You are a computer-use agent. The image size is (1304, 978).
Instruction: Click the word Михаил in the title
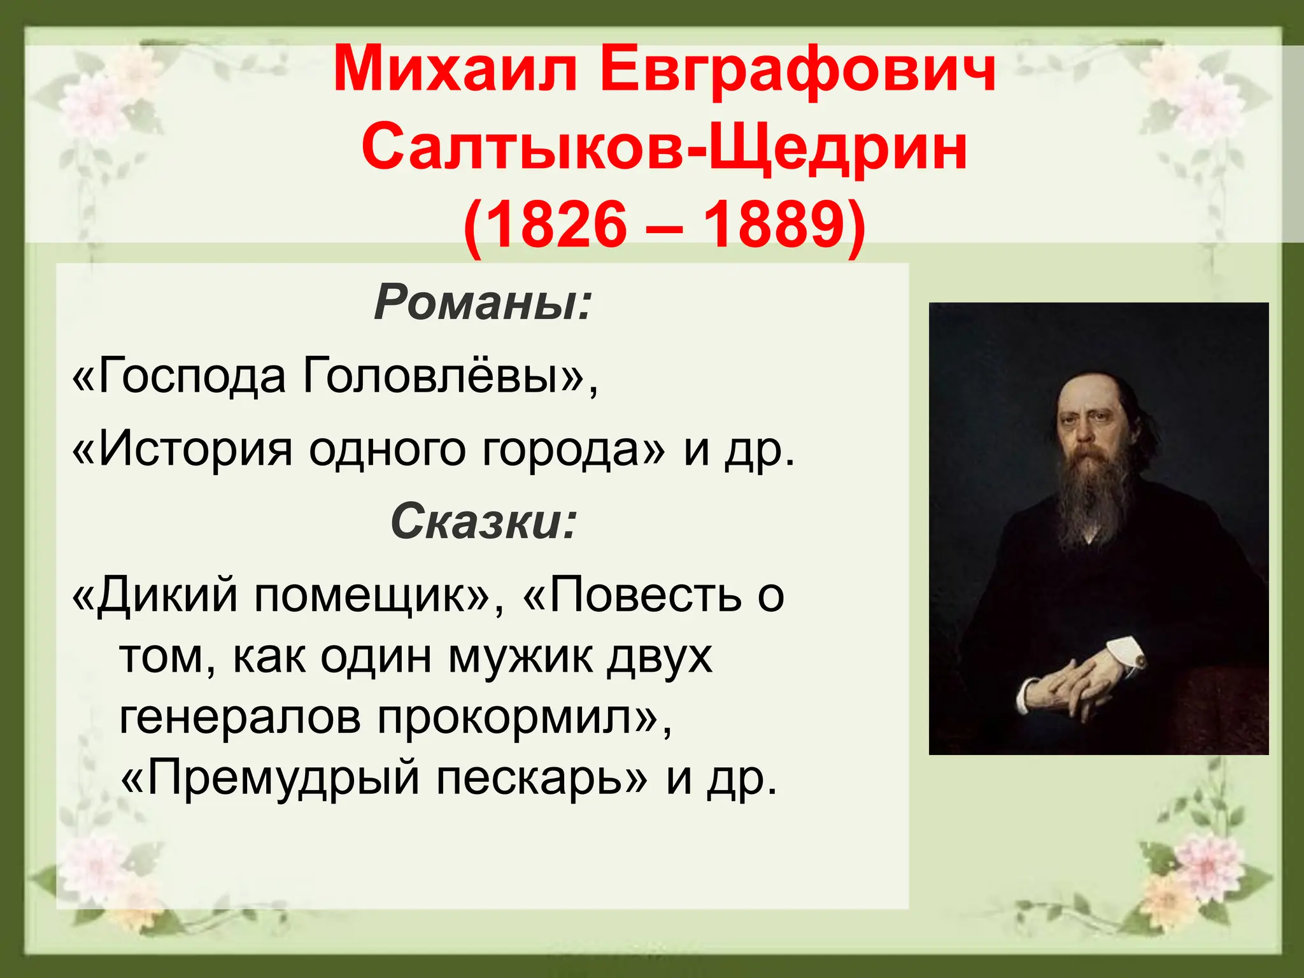pyautogui.click(x=455, y=70)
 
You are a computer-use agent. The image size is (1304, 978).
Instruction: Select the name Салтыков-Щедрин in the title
pyautogui.click(x=664, y=148)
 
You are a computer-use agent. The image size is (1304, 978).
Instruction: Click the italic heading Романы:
pyautogui.click(x=483, y=302)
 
